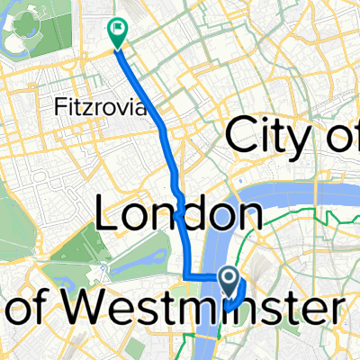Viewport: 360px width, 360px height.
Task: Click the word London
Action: pos(180,216)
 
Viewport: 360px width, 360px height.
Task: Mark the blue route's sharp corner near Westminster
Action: pos(187,275)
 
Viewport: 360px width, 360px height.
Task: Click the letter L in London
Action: pos(107,216)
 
